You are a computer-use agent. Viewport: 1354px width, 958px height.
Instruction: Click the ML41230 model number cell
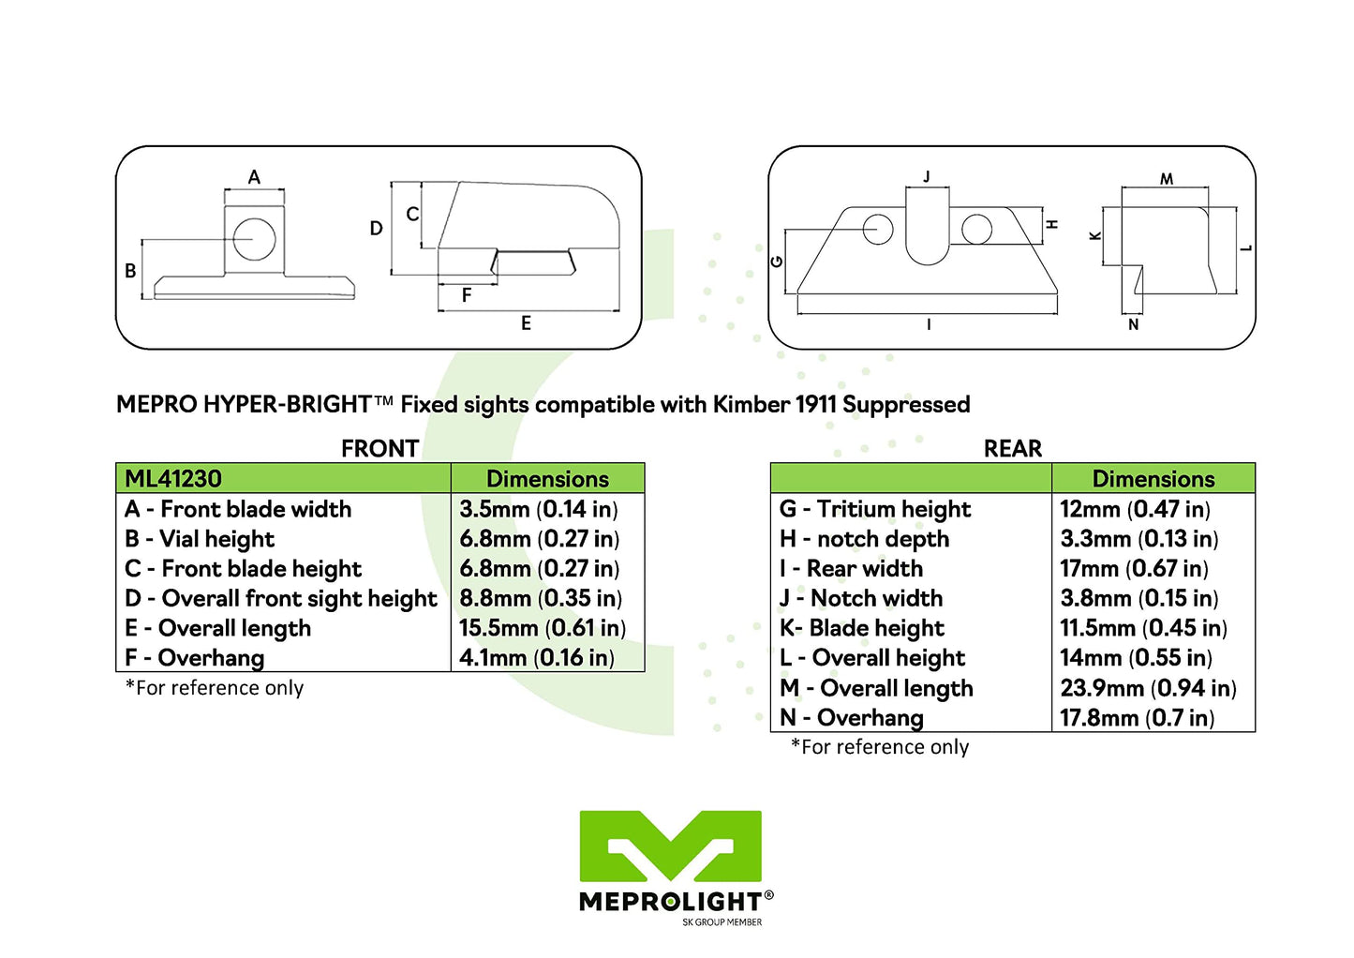click(x=173, y=479)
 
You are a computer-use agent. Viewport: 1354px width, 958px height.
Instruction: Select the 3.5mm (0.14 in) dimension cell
click(x=538, y=509)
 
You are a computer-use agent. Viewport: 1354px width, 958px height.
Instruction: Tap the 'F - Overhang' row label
click(x=195, y=658)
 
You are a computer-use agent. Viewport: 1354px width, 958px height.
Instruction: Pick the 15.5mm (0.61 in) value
click(x=542, y=628)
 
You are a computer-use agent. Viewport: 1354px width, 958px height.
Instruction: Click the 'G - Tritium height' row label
click(x=874, y=509)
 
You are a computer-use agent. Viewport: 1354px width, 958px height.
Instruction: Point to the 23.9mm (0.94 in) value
click(x=1148, y=688)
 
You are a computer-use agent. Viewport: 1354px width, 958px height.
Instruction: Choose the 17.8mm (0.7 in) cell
click(x=1137, y=718)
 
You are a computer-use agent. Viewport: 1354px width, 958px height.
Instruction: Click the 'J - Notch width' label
click(x=861, y=598)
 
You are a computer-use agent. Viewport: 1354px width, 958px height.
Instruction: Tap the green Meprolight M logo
click(x=670, y=846)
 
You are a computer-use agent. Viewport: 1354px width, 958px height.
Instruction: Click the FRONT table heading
click(x=379, y=448)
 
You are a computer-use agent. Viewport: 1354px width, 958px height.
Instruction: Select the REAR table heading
click(x=1012, y=448)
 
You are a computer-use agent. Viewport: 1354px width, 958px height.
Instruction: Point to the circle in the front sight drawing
click(x=254, y=238)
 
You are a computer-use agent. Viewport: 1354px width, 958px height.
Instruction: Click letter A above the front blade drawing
click(x=254, y=177)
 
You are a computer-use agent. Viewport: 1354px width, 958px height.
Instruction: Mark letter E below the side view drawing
click(x=526, y=323)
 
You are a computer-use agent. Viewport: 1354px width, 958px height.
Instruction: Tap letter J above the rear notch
click(x=927, y=176)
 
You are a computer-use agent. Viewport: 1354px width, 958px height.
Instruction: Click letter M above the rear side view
click(x=1167, y=179)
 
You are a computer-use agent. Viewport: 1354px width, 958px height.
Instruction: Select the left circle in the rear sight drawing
click(x=878, y=229)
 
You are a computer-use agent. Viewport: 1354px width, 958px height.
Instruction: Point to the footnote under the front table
click(x=215, y=688)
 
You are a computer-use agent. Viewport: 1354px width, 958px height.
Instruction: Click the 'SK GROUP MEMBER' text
click(x=722, y=922)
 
